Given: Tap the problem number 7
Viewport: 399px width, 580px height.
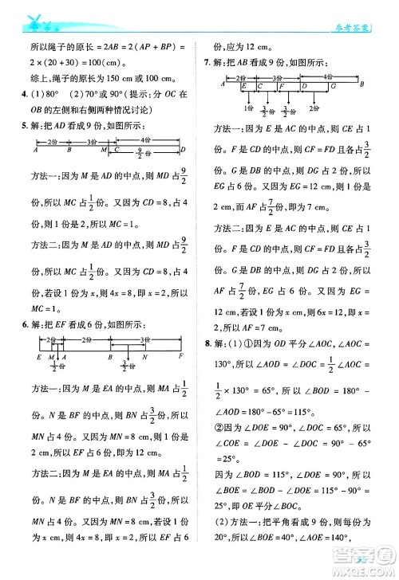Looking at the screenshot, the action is pos(207,62).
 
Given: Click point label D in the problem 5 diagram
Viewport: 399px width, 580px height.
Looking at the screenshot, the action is pos(182,151).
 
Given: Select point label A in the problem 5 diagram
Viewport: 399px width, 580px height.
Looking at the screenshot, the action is pos(37,151).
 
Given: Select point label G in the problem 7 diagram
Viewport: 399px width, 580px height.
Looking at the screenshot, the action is pos(334,84).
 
